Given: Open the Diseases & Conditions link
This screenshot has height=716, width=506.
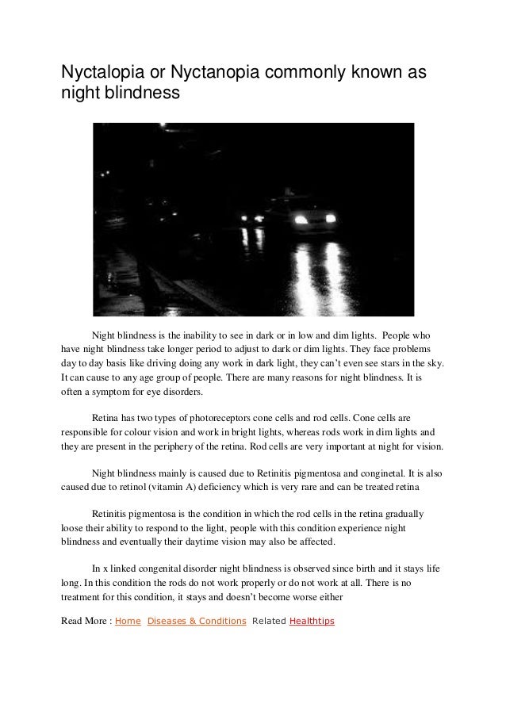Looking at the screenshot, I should [x=197, y=621].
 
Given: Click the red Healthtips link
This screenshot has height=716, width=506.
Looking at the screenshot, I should [x=312, y=621].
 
